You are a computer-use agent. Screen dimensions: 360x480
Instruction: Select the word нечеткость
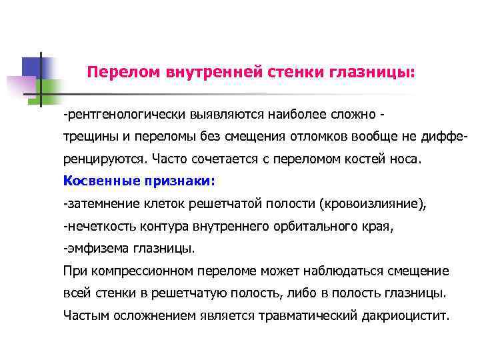point(100,226)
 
